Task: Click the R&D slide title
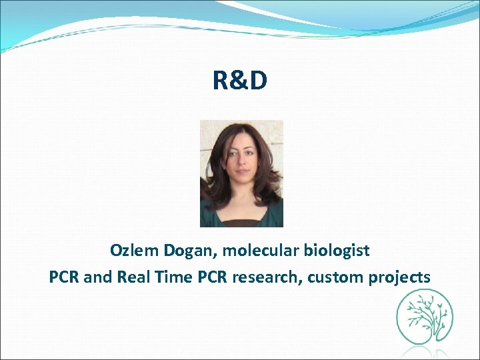coord(240,81)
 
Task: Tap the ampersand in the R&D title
coord(240,81)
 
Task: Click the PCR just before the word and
coord(64,277)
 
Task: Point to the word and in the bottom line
coord(98,277)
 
